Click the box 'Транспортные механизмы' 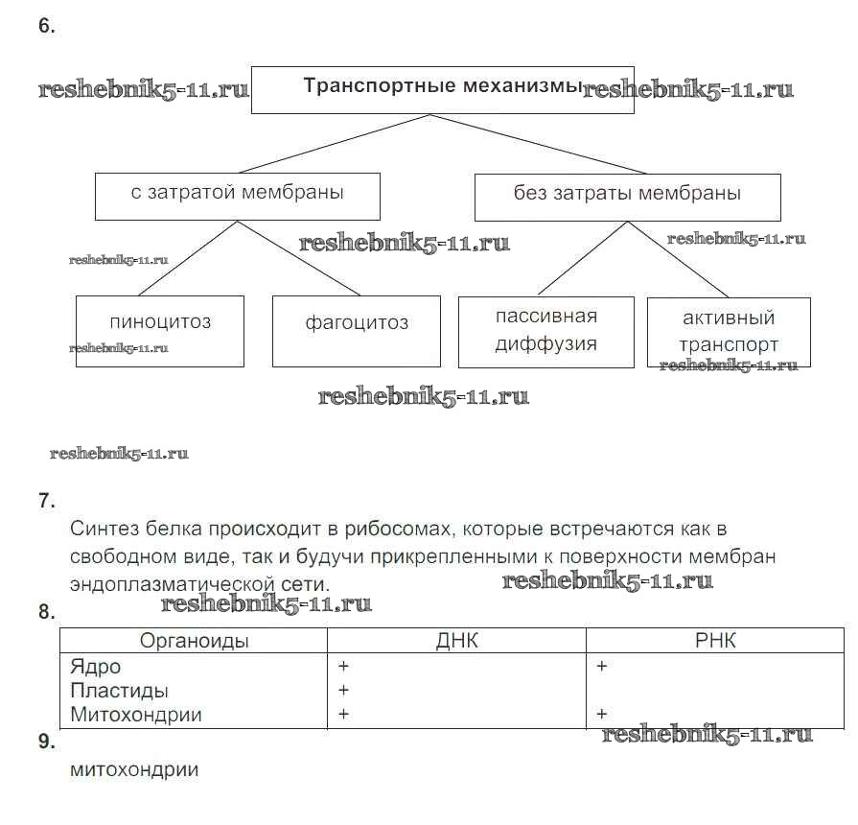tap(442, 89)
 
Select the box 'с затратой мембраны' tap(237, 195)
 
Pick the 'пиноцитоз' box tap(159, 330)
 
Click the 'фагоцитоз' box tap(356, 330)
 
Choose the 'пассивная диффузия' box tap(545, 331)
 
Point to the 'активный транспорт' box tap(729, 331)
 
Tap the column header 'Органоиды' tap(194, 642)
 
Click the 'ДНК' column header tap(456, 642)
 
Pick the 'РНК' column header tap(715, 642)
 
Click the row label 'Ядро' tap(96, 667)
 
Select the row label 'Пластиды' tap(120, 691)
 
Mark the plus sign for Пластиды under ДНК tap(343, 691)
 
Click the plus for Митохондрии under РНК tap(602, 715)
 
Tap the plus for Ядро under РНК tap(602, 667)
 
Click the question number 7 tap(47, 501)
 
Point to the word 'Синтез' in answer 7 tap(104, 530)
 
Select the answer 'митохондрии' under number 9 tap(134, 769)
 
